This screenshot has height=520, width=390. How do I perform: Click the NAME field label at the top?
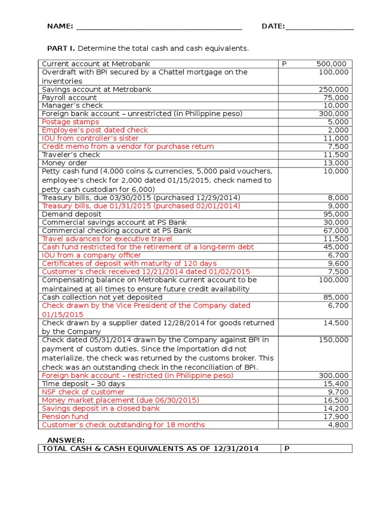[x=60, y=26]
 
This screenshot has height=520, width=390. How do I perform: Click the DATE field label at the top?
[x=273, y=26]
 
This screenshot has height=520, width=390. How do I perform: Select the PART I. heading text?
[x=61, y=48]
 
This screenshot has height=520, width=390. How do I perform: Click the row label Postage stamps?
[x=71, y=122]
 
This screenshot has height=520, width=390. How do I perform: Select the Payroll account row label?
[x=69, y=97]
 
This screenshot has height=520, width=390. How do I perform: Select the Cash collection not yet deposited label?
[x=102, y=298]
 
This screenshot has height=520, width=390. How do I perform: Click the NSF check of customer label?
[x=83, y=392]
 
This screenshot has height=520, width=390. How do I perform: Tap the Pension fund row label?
[x=65, y=417]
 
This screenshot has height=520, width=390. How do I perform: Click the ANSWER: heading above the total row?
[x=66, y=440]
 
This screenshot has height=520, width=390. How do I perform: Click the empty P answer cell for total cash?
[x=315, y=448]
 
